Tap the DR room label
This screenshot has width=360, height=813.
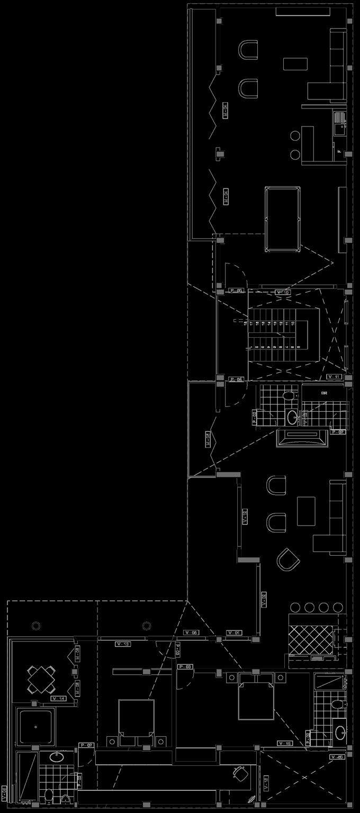[324, 393]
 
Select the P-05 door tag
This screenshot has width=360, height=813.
[236, 291]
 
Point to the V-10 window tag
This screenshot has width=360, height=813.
[283, 292]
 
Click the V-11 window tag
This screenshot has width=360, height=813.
[334, 377]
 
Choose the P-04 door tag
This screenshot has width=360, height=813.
[236, 380]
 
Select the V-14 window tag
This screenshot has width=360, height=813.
[58, 699]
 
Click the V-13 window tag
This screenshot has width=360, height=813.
[123, 644]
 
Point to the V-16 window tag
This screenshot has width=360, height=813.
[284, 744]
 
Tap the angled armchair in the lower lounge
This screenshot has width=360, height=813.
[288, 558]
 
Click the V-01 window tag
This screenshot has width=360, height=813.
[234, 633]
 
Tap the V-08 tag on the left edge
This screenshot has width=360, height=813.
[4, 793]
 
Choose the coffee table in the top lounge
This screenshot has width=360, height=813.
[295, 64]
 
